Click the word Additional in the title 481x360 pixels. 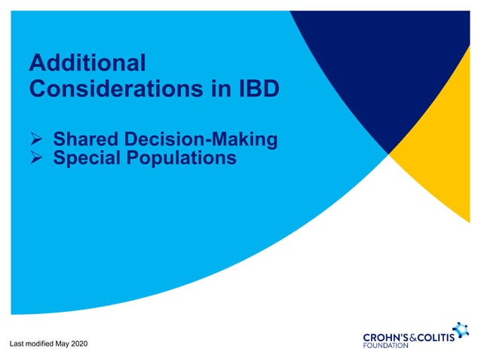87,62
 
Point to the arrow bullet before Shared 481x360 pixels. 36,140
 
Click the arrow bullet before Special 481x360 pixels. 36,158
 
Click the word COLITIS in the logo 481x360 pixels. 442,336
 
